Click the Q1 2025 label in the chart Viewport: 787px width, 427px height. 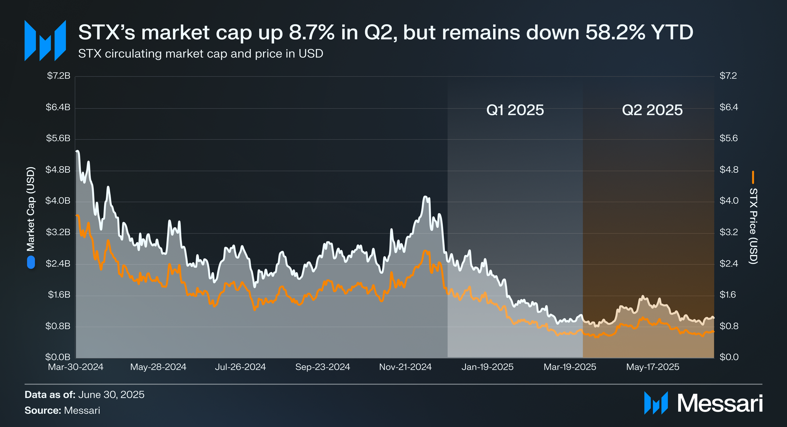(515, 110)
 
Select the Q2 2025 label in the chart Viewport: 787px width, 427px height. (652, 110)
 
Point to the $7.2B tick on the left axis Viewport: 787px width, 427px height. (58, 76)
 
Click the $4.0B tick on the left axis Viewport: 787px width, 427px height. (58, 201)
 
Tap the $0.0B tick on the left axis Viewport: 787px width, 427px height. (58, 357)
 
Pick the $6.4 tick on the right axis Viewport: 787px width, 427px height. (729, 107)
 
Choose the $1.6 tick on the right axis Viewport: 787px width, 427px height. (729, 295)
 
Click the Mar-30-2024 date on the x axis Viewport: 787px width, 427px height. (76, 367)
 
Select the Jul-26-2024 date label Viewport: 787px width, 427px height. (240, 367)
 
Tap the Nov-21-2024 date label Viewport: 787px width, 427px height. (405, 367)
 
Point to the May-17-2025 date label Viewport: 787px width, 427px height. (653, 367)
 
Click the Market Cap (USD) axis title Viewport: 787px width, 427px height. (31, 209)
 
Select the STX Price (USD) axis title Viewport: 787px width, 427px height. (753, 226)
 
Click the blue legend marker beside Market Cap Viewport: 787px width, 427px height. (31, 262)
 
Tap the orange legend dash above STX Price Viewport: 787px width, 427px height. (753, 177)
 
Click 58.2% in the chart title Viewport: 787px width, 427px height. (615, 32)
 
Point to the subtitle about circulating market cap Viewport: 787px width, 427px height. (201, 54)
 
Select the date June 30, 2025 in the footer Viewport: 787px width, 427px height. (111, 395)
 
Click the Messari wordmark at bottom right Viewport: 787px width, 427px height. (720, 403)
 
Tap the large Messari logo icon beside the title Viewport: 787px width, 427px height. (45, 40)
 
